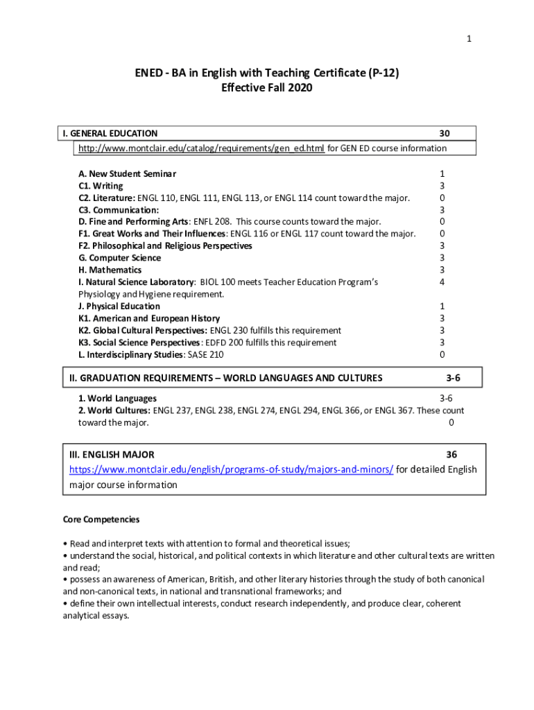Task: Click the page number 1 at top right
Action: coord(470,39)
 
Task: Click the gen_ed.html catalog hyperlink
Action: coord(201,148)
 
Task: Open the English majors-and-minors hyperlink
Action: coord(231,469)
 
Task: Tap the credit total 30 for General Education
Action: coord(445,133)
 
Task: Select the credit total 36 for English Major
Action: coord(451,454)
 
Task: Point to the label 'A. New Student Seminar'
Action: coord(128,173)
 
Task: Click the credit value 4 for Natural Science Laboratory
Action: coord(442,282)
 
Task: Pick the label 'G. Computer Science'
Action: coord(120,258)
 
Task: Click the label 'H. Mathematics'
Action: coord(110,270)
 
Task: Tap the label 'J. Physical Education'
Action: coord(119,306)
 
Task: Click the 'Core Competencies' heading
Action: coord(101,519)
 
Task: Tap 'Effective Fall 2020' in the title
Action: coord(267,88)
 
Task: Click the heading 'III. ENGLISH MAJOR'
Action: coord(112,454)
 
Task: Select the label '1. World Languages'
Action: coord(117,398)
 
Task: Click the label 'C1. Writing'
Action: coord(101,186)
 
